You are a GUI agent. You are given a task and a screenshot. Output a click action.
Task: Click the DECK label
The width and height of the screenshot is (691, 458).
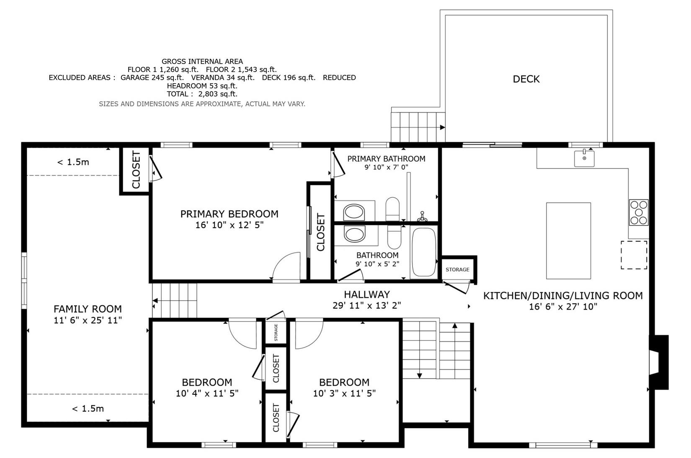click(x=526, y=79)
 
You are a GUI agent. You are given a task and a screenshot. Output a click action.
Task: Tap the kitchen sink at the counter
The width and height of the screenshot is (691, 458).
click(x=584, y=159)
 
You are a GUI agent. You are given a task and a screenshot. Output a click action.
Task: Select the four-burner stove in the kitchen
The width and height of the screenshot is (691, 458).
click(x=639, y=212)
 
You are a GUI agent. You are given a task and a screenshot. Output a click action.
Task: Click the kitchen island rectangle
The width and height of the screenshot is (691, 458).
click(x=569, y=241)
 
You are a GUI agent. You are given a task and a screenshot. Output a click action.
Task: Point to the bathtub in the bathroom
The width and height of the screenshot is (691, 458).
click(x=424, y=252)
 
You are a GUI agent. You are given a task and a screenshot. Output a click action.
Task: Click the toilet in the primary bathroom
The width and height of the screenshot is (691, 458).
click(x=392, y=209)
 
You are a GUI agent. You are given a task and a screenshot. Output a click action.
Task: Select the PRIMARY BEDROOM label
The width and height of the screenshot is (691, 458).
click(x=229, y=214)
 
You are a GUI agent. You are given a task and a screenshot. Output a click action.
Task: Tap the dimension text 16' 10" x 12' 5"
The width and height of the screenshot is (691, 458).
click(x=229, y=225)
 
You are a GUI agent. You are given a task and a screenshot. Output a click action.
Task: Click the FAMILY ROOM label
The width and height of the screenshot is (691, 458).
click(x=88, y=309)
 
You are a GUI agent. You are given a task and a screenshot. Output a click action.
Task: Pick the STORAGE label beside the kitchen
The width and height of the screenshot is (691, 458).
click(x=457, y=269)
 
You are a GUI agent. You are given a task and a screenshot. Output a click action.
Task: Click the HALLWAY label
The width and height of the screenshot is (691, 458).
click(x=367, y=294)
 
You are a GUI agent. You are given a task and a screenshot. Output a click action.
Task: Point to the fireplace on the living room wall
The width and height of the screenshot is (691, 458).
click(x=659, y=362)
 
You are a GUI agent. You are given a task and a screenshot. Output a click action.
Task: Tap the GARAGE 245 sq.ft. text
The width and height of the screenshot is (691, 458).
click(x=152, y=78)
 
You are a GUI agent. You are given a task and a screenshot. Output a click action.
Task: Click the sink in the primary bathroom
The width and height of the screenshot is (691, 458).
click(x=354, y=212)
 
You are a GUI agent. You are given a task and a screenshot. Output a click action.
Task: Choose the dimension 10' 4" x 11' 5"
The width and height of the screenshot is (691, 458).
click(x=207, y=394)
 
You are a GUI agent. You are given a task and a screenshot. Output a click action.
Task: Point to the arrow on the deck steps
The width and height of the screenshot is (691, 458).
click(x=442, y=127)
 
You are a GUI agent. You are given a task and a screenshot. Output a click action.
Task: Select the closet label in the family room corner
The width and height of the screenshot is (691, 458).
click(x=136, y=169)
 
